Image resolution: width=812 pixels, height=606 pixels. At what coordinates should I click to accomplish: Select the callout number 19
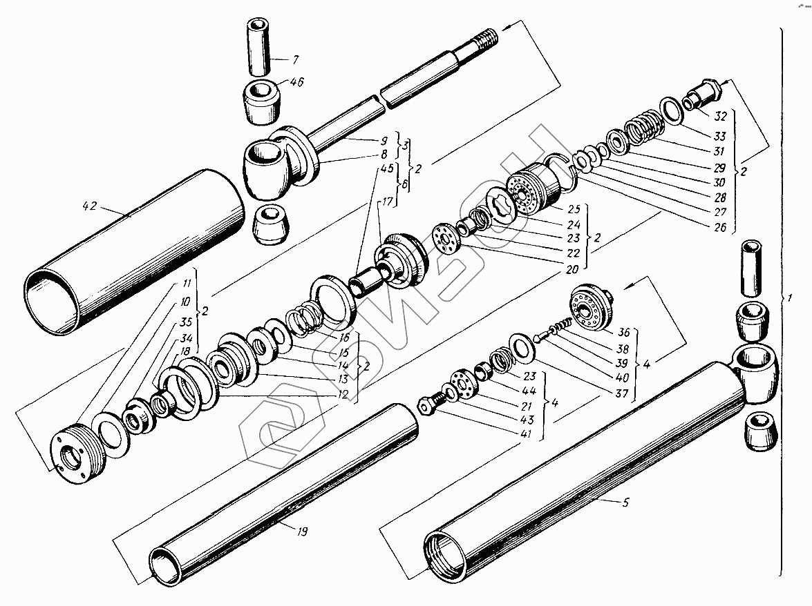coord(301,531)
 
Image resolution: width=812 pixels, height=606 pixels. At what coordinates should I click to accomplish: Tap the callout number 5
coord(625,502)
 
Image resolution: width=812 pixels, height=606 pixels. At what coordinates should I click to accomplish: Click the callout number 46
coord(297,83)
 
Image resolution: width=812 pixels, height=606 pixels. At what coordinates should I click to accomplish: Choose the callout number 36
coord(622,331)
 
